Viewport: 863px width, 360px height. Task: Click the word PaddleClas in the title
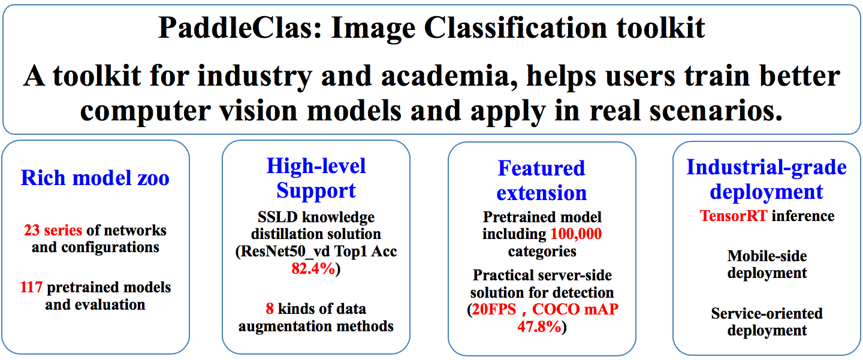pyautogui.click(x=240, y=28)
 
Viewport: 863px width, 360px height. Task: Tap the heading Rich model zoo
pyautogui.click(x=95, y=178)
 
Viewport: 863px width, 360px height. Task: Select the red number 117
pyautogui.click(x=31, y=288)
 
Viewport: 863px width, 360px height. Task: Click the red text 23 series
pyautogui.click(x=53, y=230)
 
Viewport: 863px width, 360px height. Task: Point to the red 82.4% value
pyautogui.click(x=313, y=268)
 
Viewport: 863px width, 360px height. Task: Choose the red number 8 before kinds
pyautogui.click(x=270, y=309)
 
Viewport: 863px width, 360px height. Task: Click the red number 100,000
pyautogui.click(x=576, y=234)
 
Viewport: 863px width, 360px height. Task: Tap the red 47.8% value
pyautogui.click(x=539, y=326)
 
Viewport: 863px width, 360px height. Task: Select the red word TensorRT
pyautogui.click(x=734, y=216)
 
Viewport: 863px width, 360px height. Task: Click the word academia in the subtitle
pyautogui.click(x=449, y=76)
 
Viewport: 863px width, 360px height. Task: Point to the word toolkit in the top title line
pyautogui.click(x=660, y=28)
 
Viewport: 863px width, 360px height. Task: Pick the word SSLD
pyautogui.click(x=277, y=217)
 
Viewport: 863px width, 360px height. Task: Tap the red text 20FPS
pyautogui.click(x=494, y=309)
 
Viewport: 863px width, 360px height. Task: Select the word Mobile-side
pyautogui.click(x=767, y=256)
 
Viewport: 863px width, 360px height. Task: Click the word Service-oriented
pyautogui.click(x=767, y=313)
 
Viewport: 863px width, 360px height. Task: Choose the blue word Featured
pyautogui.click(x=541, y=168)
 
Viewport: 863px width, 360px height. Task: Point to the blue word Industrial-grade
pyautogui.click(x=767, y=168)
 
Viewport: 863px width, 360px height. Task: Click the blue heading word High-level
pyautogui.click(x=316, y=167)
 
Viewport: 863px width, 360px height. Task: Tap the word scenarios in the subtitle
pyautogui.click(x=716, y=111)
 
